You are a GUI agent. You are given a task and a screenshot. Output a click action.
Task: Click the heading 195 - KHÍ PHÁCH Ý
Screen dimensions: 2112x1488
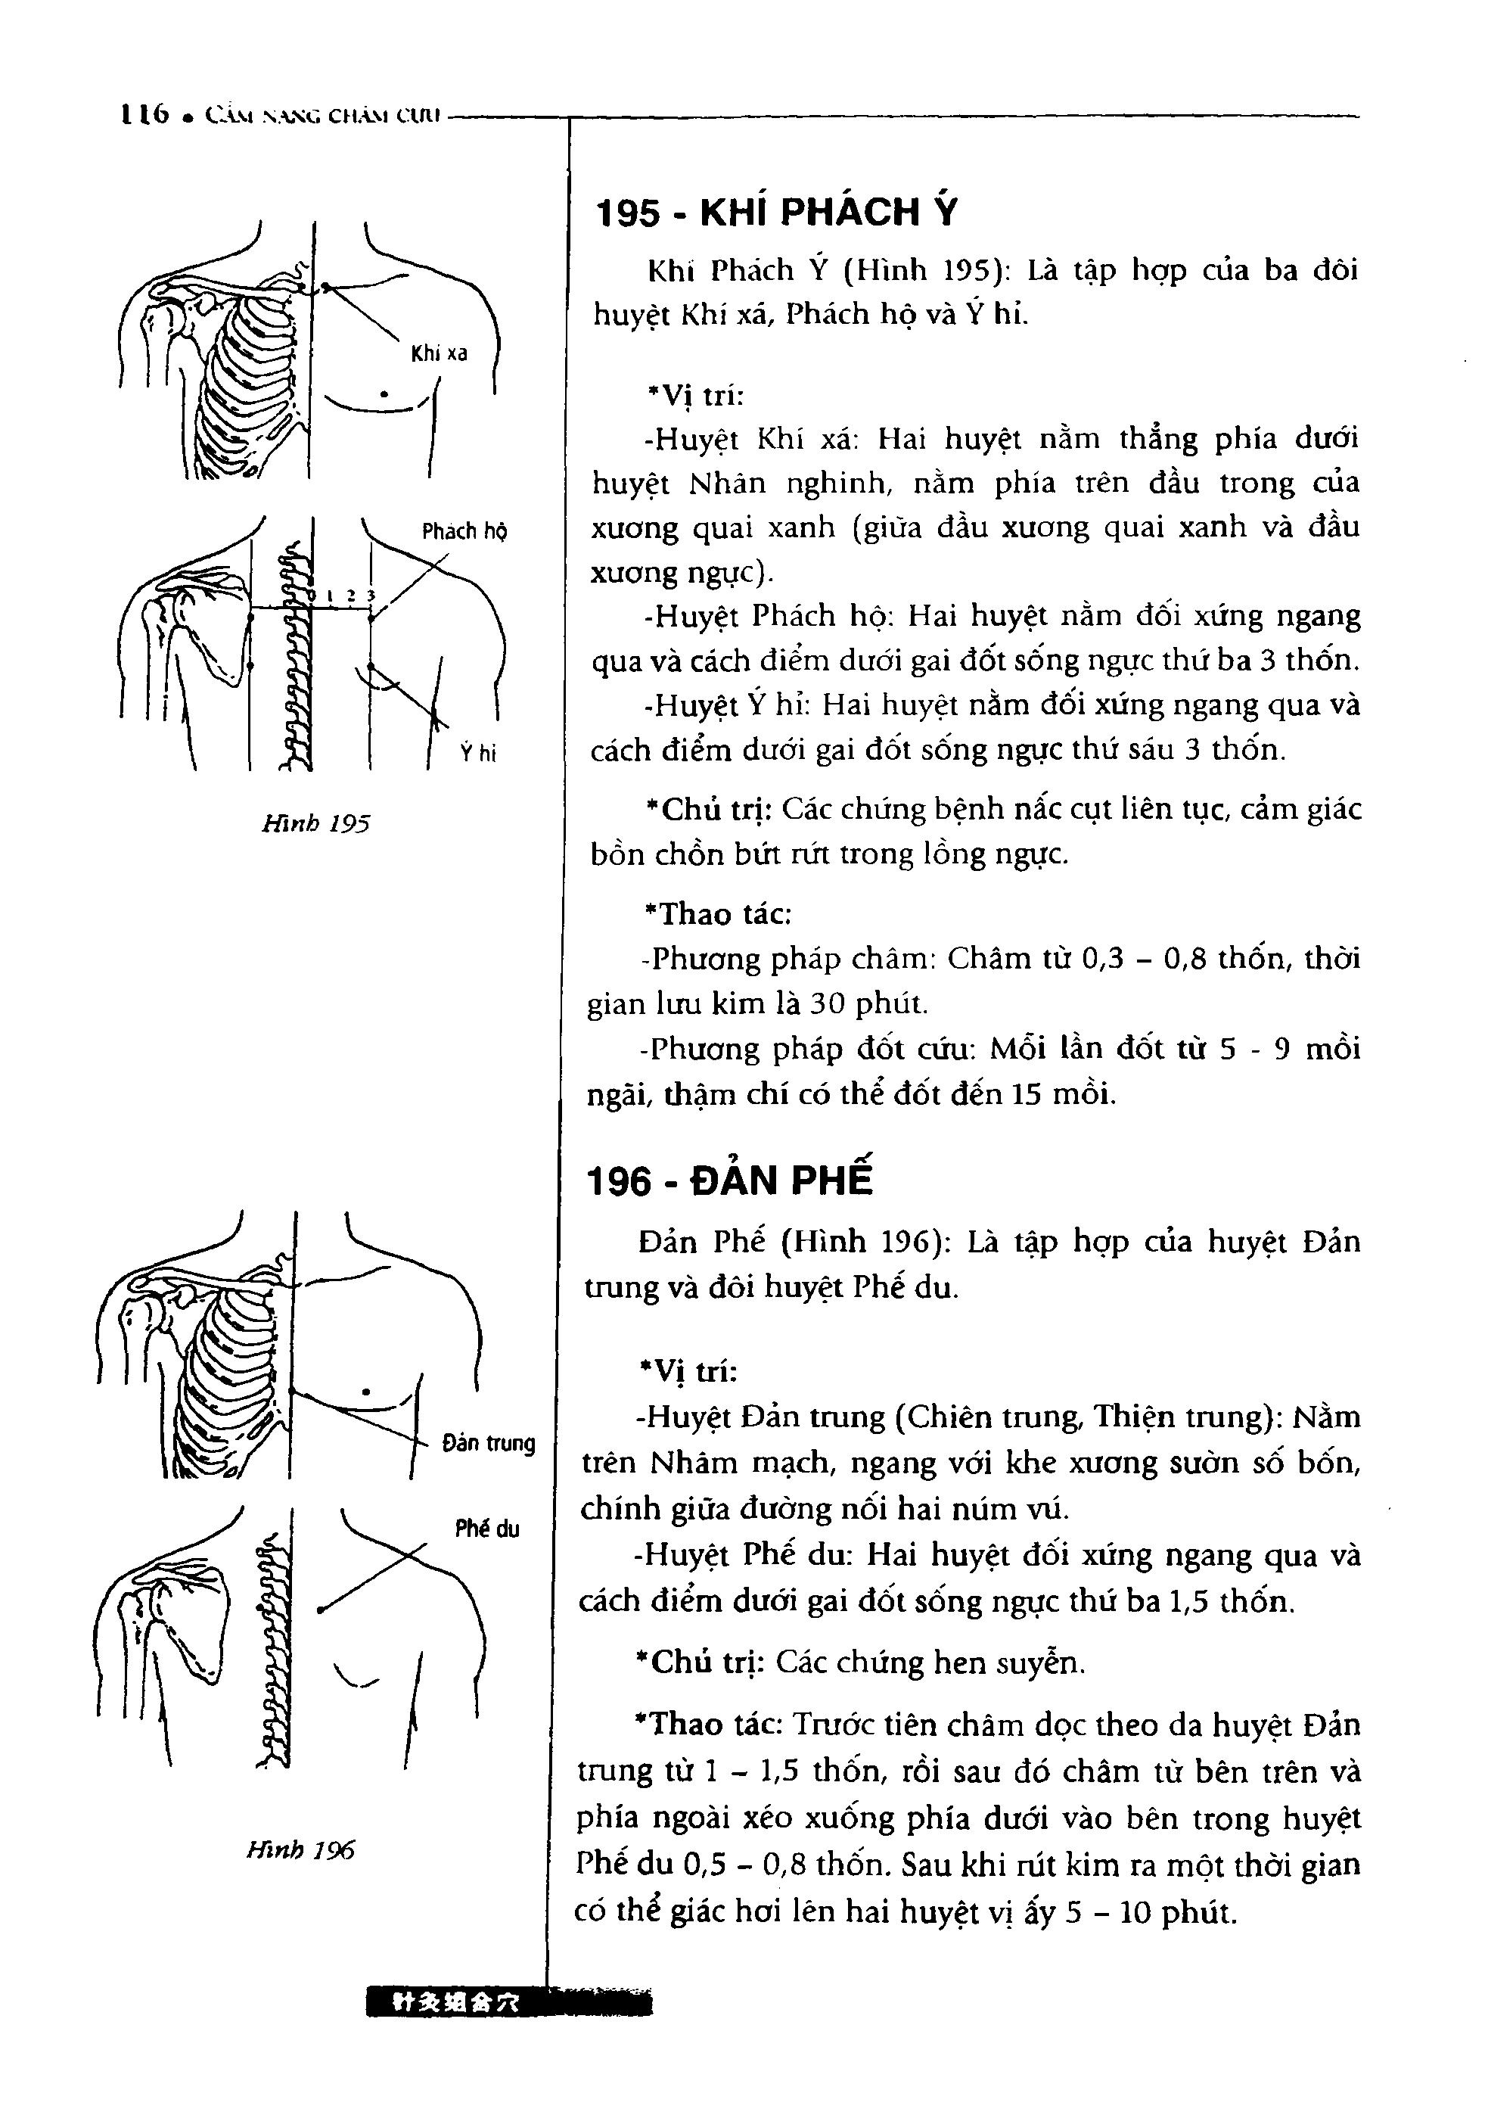pos(777,213)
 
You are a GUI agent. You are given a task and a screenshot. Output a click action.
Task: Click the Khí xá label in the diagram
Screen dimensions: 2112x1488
pos(439,353)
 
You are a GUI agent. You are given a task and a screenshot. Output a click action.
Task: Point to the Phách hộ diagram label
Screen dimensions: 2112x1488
pos(464,530)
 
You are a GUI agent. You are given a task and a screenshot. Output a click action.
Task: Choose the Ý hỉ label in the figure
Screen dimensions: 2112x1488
pos(478,754)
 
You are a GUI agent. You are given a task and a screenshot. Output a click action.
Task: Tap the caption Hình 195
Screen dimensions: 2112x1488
pos(315,823)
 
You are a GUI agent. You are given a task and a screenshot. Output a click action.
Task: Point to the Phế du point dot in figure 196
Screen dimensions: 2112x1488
pos(320,1609)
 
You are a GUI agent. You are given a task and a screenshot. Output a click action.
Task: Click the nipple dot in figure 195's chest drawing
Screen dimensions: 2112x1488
pos(384,394)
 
